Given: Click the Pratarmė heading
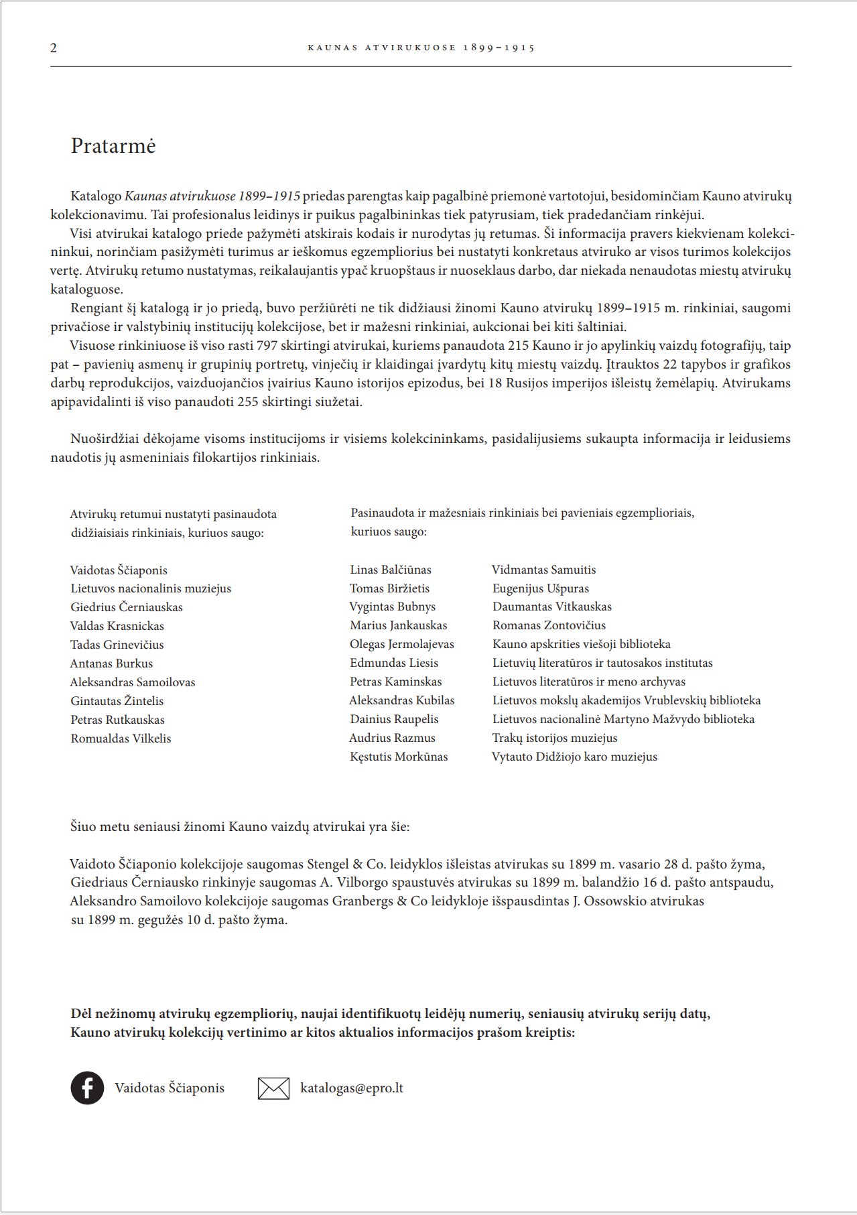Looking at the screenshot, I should (x=113, y=146).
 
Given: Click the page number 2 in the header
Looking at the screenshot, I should (x=54, y=48).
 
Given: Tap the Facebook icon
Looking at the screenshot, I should (x=87, y=1088).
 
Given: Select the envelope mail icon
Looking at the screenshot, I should (x=273, y=1088).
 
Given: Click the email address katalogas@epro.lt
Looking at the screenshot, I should (x=352, y=1088).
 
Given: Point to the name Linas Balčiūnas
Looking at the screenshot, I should (x=391, y=570).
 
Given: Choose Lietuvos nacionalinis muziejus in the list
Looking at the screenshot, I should (x=151, y=588).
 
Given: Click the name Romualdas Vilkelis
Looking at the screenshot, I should (x=121, y=739).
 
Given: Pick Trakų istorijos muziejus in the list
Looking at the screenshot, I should (x=555, y=738).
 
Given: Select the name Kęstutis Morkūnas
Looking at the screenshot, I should (x=399, y=757).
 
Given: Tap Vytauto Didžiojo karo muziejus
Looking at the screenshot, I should (x=574, y=757).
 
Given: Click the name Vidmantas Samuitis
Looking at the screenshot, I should (x=543, y=570).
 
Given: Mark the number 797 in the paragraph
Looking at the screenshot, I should (x=267, y=346).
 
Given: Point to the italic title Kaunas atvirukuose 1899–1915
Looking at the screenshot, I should (x=212, y=196).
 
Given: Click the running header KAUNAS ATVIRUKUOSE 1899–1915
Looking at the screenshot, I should (x=421, y=48).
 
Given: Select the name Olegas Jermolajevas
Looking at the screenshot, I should (x=402, y=644).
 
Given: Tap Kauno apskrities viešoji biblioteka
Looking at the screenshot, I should (x=582, y=644).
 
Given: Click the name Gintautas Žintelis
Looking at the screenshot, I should (x=117, y=701).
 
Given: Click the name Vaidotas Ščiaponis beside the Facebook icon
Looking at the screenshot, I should (x=170, y=1088).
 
